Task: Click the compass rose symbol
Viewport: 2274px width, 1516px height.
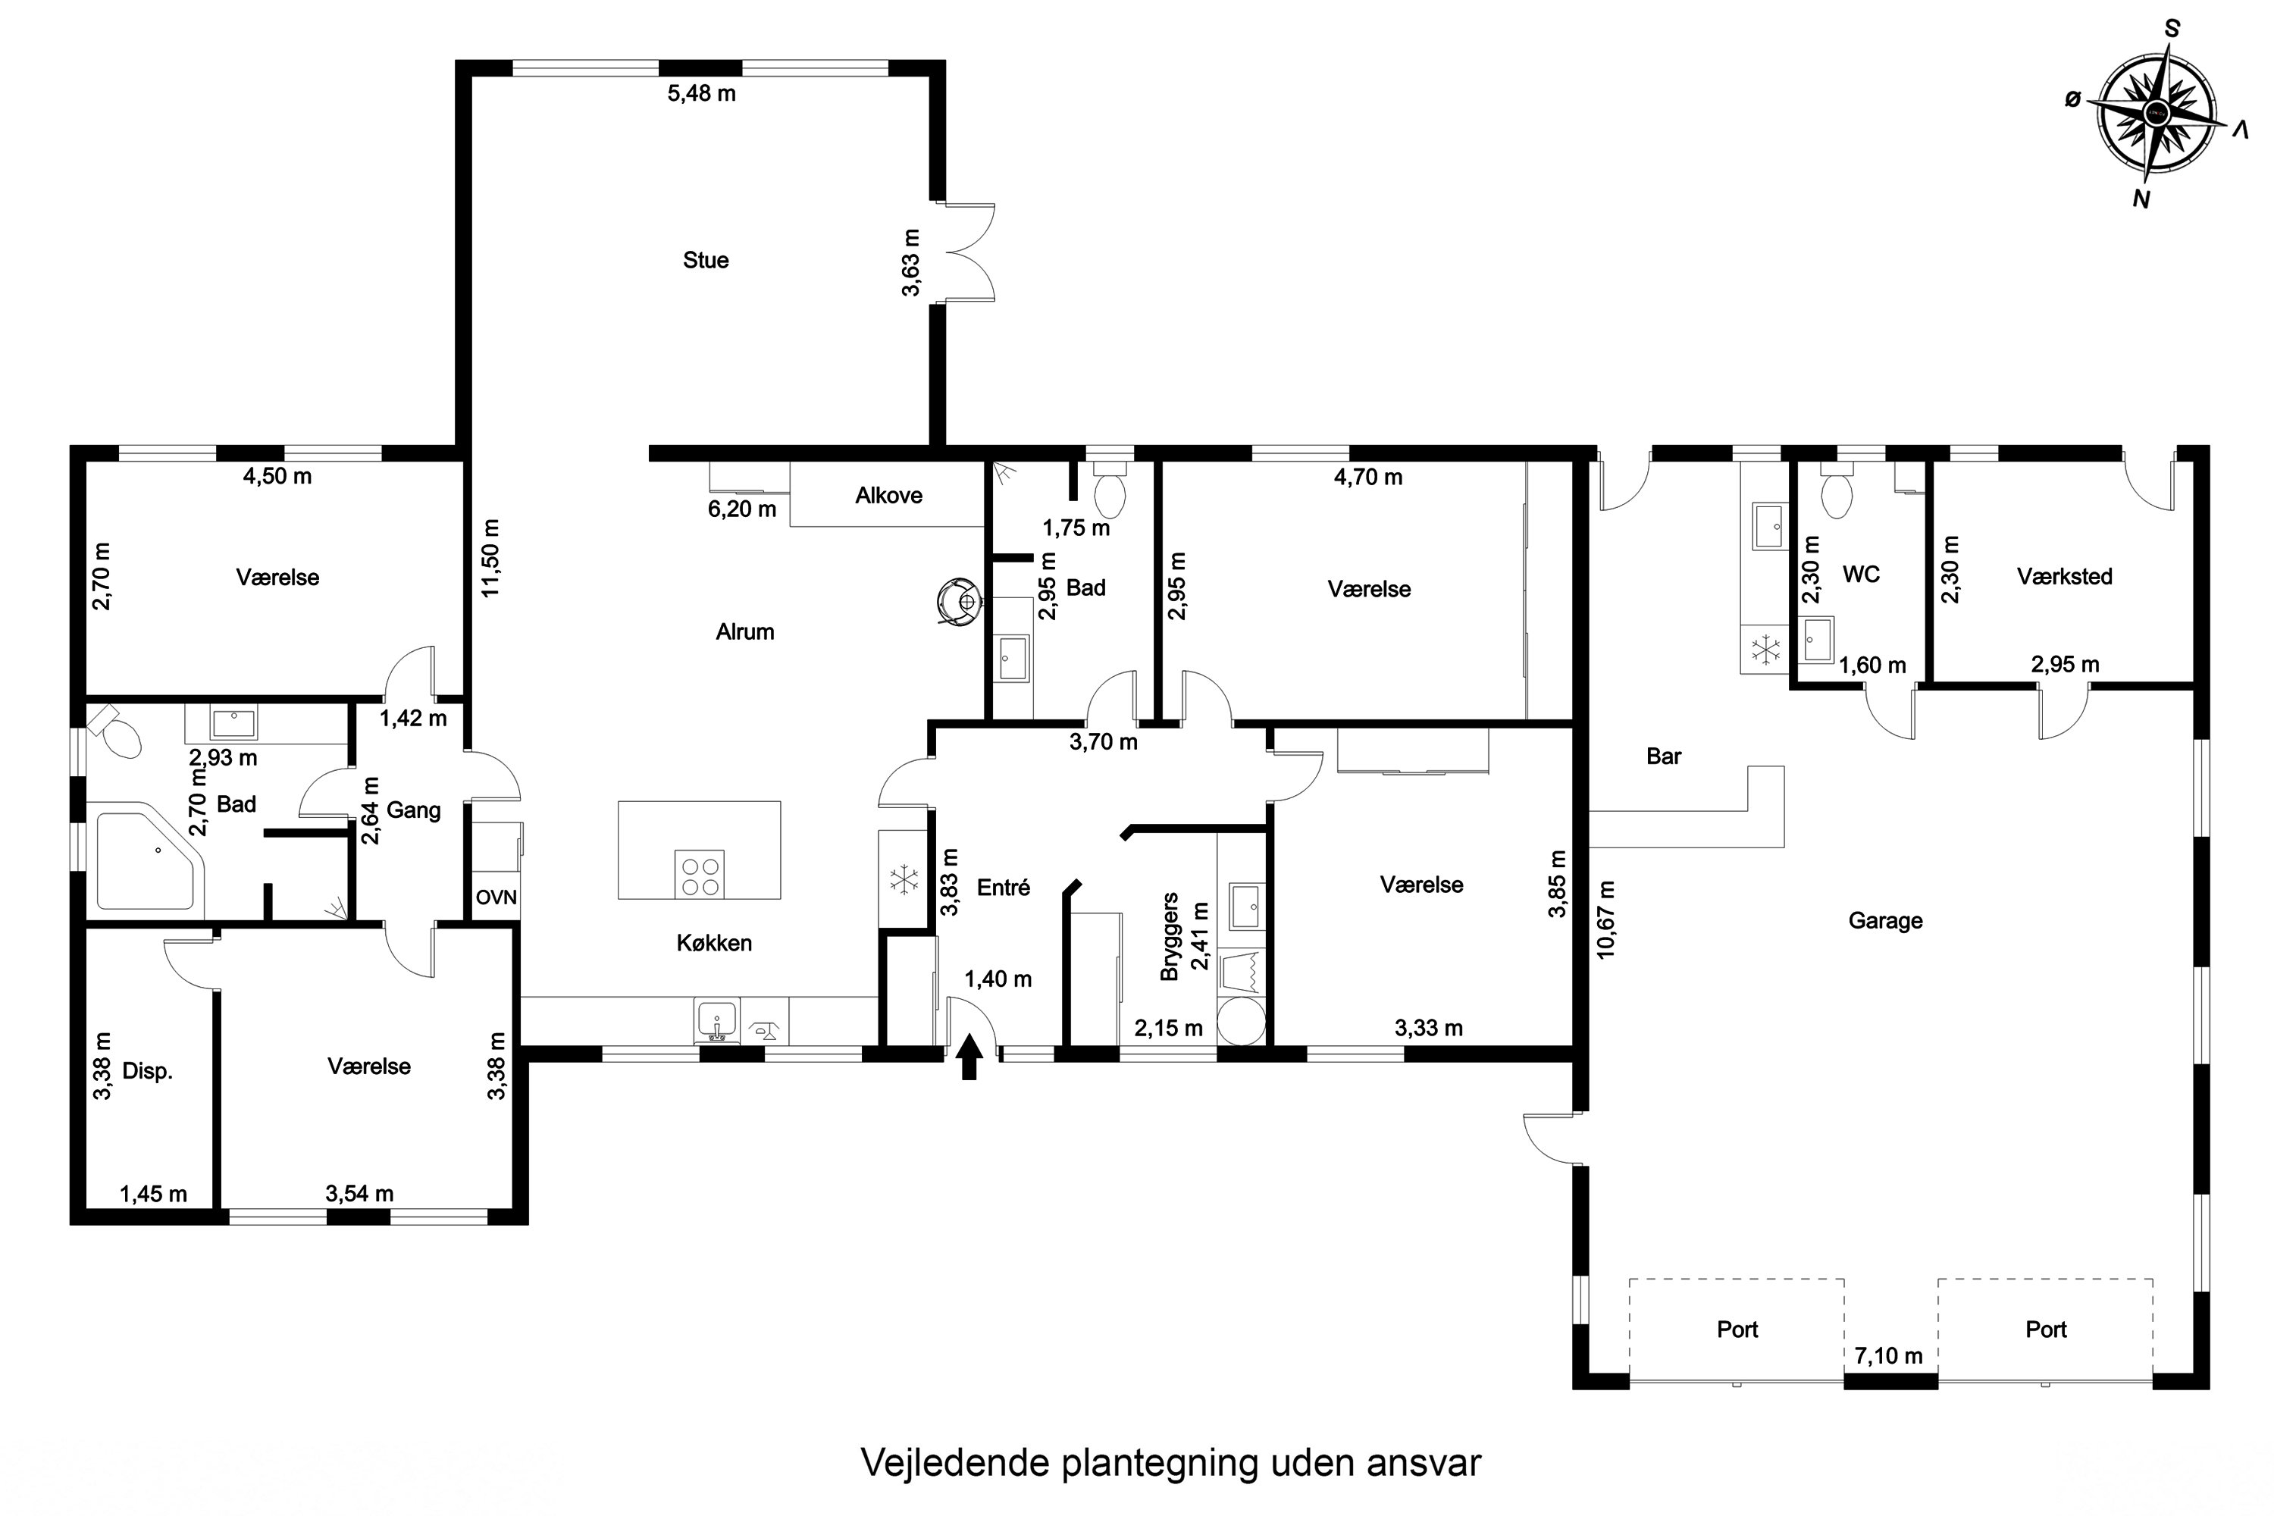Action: click(2156, 114)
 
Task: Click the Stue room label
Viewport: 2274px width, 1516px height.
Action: click(706, 260)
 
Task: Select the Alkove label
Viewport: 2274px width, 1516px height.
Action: click(888, 496)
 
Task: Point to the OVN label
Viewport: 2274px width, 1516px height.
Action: click(496, 897)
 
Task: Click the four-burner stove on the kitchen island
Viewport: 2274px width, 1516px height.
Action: click(699, 875)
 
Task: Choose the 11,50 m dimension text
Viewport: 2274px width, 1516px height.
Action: click(491, 558)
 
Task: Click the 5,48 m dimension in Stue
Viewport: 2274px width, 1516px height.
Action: click(702, 94)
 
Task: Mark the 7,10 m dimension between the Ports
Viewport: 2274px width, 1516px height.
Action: click(1888, 1357)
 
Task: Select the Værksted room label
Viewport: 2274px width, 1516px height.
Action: click(2064, 577)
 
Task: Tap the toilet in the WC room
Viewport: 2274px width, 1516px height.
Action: click(1836, 493)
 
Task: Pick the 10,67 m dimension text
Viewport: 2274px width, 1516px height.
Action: click(1606, 919)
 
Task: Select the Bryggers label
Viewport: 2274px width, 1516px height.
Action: click(1170, 936)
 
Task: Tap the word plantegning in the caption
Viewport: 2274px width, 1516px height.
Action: click(1160, 1463)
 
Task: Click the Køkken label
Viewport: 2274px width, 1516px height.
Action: click(715, 944)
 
